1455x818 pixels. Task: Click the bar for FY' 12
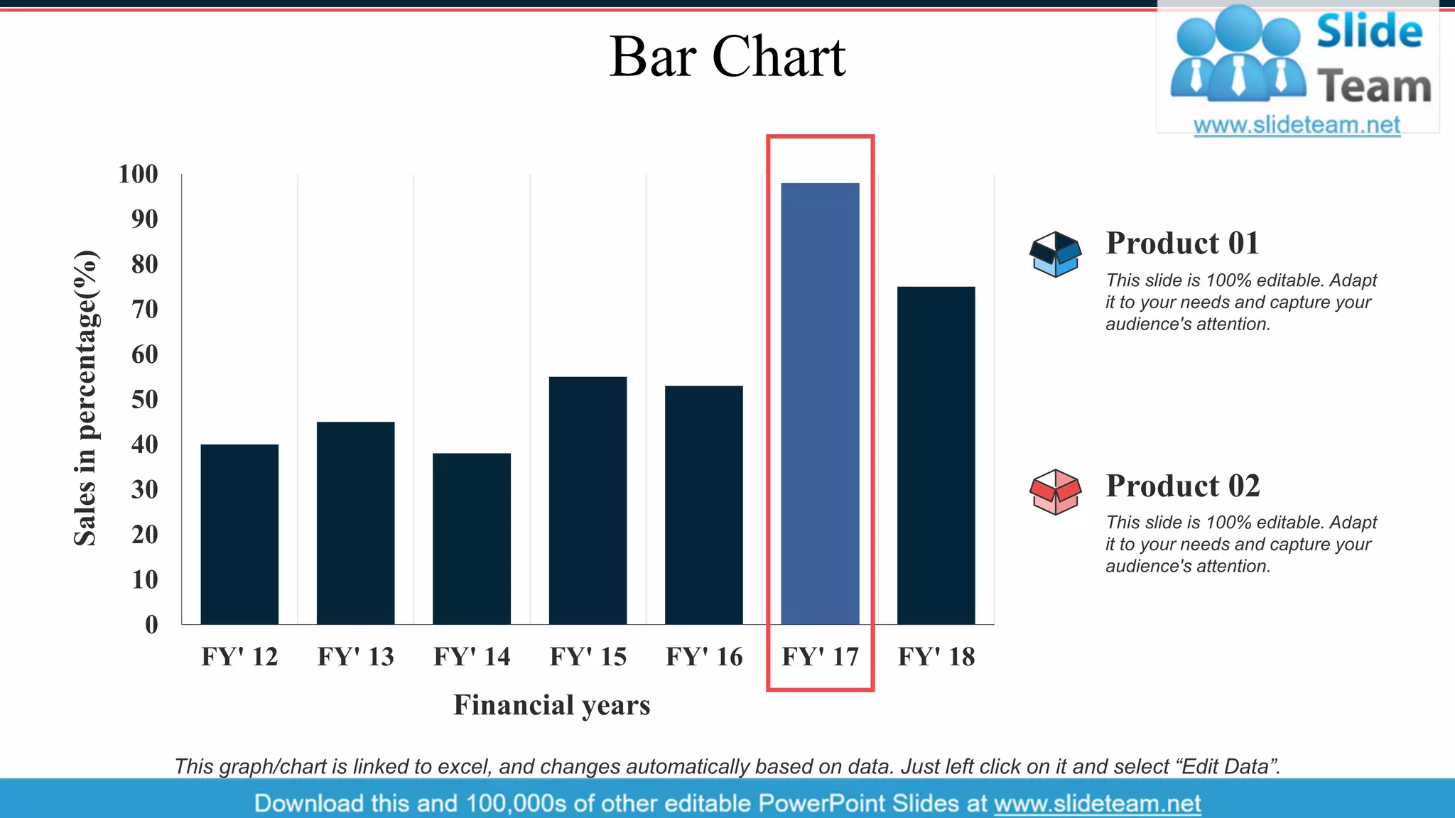pos(239,534)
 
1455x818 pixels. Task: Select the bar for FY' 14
pos(472,538)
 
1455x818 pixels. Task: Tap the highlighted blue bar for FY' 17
pos(820,403)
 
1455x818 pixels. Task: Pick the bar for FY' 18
pos(936,455)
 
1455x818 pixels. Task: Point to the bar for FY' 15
pos(588,500)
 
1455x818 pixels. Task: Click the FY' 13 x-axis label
pos(355,657)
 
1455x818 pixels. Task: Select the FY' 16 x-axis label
pos(704,657)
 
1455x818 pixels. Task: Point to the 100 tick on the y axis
pos(138,174)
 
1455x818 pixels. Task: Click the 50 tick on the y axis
pos(144,399)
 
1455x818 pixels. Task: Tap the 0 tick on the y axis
pos(151,625)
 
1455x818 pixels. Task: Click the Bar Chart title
pos(727,57)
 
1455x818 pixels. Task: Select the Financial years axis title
pos(552,705)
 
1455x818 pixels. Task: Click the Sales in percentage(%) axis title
pos(85,398)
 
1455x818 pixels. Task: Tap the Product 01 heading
pos(1182,244)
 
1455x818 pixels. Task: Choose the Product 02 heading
pos(1182,486)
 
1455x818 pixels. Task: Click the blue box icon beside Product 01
pos(1055,253)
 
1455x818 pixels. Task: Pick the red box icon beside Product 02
pos(1055,491)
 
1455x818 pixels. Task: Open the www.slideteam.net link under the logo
pos(1297,125)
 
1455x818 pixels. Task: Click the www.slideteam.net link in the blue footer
pos(1097,803)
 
